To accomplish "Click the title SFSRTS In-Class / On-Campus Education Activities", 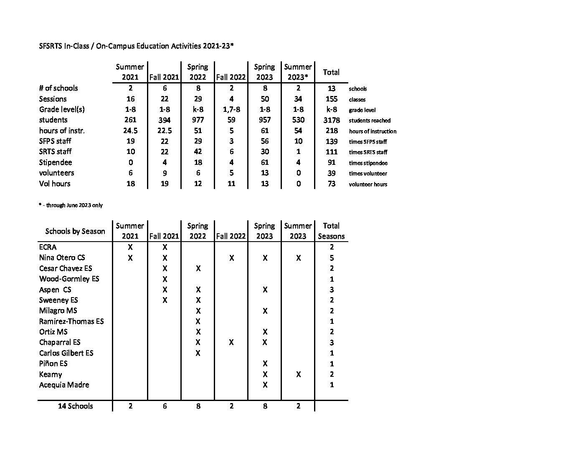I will tap(136, 46).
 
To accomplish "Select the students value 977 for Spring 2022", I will tap(198, 120).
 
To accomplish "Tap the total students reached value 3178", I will tap(331, 120).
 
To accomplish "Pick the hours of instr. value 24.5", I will tap(130, 131).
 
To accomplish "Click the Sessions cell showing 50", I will tap(264, 99).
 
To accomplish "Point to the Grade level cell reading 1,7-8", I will tap(231, 109).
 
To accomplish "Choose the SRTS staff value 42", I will tap(198, 151).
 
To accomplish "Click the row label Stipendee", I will tap(56, 162).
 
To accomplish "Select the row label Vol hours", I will tap(55, 184).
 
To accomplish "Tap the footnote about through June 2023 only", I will tap(71, 205).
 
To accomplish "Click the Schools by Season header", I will tap(75, 231).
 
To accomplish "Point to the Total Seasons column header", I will tap(331, 231).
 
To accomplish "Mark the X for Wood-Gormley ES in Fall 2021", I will tap(165, 279).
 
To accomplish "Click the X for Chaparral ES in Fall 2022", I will tap(231, 342).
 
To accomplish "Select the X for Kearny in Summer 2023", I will tap(298, 374).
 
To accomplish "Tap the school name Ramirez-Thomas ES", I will tap(71, 321).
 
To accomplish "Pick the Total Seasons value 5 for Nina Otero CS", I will tap(332, 258).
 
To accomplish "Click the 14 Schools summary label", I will tap(75, 406).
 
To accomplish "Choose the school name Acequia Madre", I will tap(64, 385).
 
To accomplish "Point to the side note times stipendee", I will tap(368, 163).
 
